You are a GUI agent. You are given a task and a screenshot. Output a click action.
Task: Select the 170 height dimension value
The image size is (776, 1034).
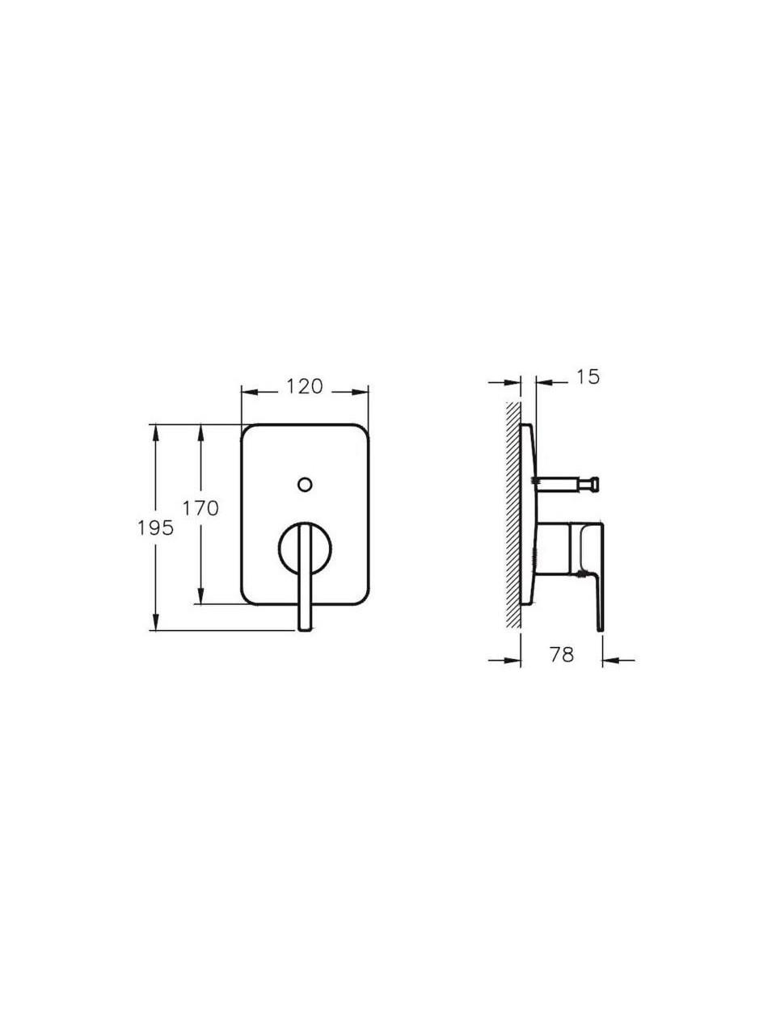pyautogui.click(x=200, y=508)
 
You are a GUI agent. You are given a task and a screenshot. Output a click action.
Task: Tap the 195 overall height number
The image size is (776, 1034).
pyautogui.click(x=156, y=528)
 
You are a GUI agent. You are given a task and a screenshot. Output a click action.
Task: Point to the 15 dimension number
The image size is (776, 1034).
pyautogui.click(x=588, y=377)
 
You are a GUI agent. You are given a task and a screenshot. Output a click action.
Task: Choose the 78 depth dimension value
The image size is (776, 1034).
pyautogui.click(x=562, y=654)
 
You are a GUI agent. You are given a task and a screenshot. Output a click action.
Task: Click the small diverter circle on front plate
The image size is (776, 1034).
pyautogui.click(x=305, y=484)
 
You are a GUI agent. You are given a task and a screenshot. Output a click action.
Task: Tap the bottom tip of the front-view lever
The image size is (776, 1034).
pyautogui.click(x=305, y=630)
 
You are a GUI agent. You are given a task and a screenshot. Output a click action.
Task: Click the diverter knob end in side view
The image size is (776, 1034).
pyautogui.click(x=595, y=485)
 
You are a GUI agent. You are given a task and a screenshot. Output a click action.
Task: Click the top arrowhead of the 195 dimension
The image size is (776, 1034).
pyautogui.click(x=155, y=432)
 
